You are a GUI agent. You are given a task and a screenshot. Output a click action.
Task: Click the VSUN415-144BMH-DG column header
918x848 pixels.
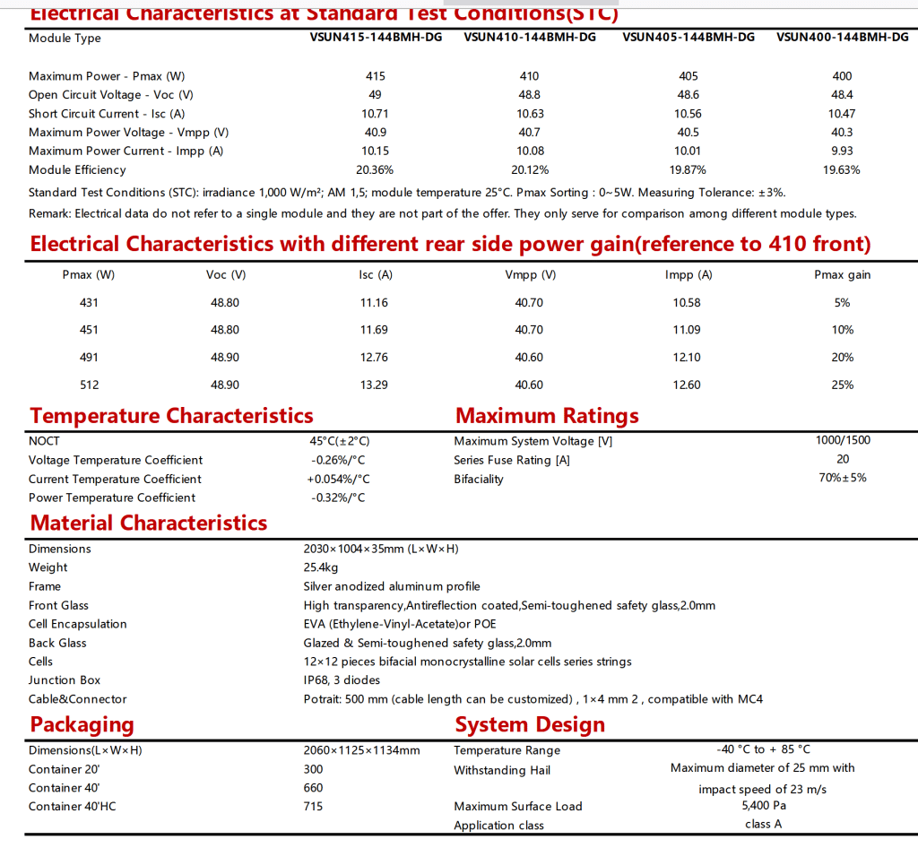point(375,38)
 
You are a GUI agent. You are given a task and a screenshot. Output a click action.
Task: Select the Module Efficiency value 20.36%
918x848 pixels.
point(375,169)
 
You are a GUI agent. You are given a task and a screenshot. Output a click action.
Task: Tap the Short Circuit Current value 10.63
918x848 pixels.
point(530,114)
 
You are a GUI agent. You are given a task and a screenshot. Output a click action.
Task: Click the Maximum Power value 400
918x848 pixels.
point(842,76)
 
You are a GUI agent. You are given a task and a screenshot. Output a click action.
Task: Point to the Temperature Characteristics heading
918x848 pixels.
point(171,416)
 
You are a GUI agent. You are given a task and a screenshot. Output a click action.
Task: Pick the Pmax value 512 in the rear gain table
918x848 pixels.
point(90,385)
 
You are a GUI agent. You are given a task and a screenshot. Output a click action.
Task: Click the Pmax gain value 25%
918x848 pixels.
point(842,385)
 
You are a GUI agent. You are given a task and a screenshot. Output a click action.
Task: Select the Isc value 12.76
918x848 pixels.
point(374,358)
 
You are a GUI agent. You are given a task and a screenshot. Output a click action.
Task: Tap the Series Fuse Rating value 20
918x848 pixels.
point(843,459)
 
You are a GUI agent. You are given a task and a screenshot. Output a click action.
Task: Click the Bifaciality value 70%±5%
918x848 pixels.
point(843,478)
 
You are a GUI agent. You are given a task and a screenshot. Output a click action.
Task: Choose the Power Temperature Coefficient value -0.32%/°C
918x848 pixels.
point(338,498)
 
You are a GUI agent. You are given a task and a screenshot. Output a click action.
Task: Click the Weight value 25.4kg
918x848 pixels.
point(321,567)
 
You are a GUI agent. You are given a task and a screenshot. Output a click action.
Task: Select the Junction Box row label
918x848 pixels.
point(65,680)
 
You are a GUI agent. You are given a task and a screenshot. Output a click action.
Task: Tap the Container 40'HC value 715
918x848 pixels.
point(314,807)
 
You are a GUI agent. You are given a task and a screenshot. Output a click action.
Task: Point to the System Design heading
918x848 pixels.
point(530,724)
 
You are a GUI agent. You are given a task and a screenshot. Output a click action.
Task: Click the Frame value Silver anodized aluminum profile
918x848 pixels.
point(392,586)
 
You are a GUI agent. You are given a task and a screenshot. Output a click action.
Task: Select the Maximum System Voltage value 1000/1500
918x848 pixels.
point(843,440)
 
